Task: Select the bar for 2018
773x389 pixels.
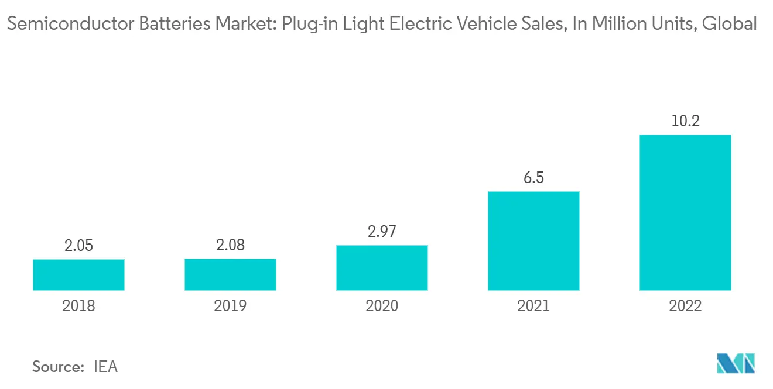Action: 78,274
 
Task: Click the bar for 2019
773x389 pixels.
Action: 230,274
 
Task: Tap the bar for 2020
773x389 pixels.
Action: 382,267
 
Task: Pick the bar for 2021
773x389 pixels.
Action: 533,240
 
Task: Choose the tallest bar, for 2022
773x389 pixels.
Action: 685,212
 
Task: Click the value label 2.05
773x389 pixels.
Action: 78,246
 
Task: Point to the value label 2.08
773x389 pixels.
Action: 230,245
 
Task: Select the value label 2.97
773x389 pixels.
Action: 382,232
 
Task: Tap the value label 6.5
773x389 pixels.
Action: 533,178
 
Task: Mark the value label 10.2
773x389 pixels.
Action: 685,122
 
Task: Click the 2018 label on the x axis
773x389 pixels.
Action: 78,306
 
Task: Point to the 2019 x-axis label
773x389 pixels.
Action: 230,306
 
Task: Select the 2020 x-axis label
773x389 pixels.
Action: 382,306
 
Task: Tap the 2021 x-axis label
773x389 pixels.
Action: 533,306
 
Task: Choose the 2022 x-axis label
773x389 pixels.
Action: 685,306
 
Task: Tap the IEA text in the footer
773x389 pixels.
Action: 105,367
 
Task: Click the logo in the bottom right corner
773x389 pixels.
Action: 736,363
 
